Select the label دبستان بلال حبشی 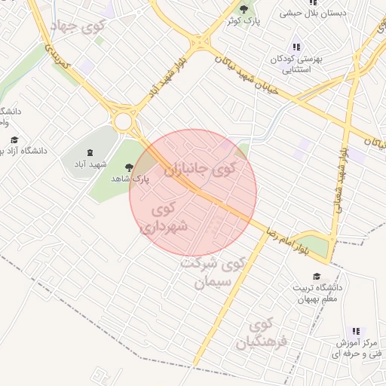point(312,13)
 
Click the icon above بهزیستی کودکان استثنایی point(296,46)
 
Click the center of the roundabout point(123,121)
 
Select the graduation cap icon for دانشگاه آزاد point(14,140)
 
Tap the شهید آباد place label point(98,164)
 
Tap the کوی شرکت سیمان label point(214,272)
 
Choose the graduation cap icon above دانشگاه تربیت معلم point(317,277)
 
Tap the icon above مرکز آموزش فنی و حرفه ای point(356,332)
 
